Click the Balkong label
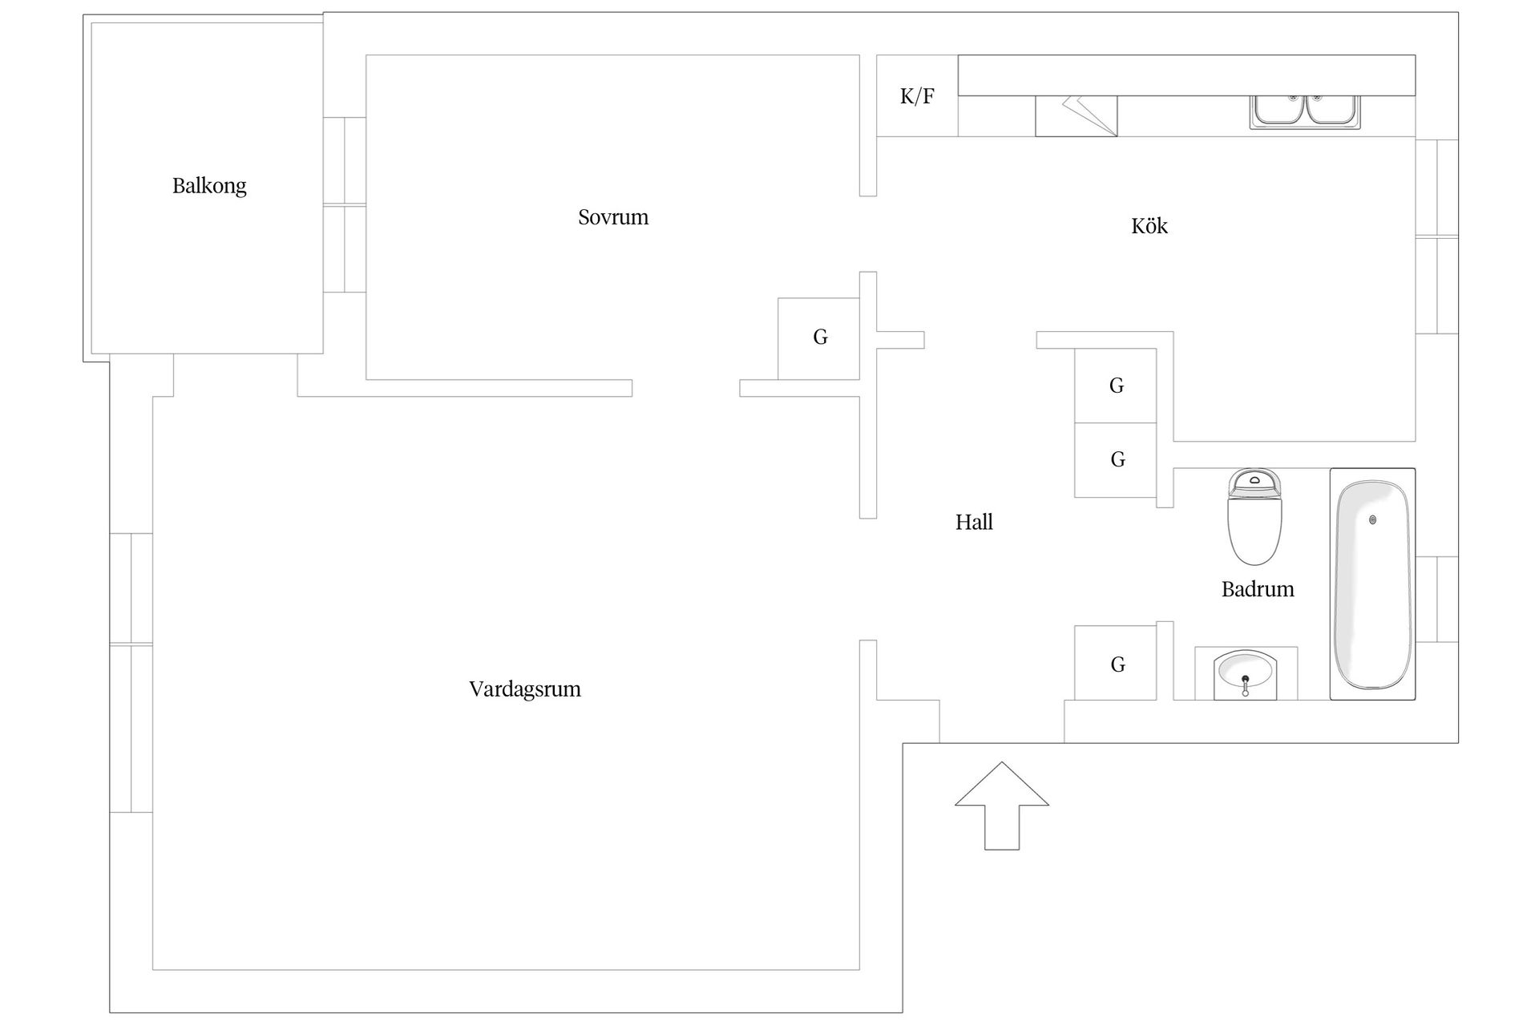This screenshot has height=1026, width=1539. coord(209,186)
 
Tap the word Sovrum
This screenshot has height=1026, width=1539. coord(613,217)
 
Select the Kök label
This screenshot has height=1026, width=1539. coord(1149,226)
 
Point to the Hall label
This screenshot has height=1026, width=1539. coord(974,523)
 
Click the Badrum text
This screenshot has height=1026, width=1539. coord(1258,589)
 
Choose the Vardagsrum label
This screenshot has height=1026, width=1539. coord(525,689)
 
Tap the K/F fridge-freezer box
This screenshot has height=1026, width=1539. coord(917,96)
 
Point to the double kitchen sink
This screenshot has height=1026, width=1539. coord(1305,111)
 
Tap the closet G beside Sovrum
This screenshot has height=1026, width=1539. coord(819,337)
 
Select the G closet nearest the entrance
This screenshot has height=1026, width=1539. coord(1117,664)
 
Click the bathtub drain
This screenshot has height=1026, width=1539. coord(1373,519)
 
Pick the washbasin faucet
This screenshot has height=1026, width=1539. coord(1245,684)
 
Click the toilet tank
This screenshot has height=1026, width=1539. coord(1254,483)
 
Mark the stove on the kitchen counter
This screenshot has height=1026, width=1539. coord(1076,116)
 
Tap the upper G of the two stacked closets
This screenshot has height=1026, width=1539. coord(1116,386)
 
